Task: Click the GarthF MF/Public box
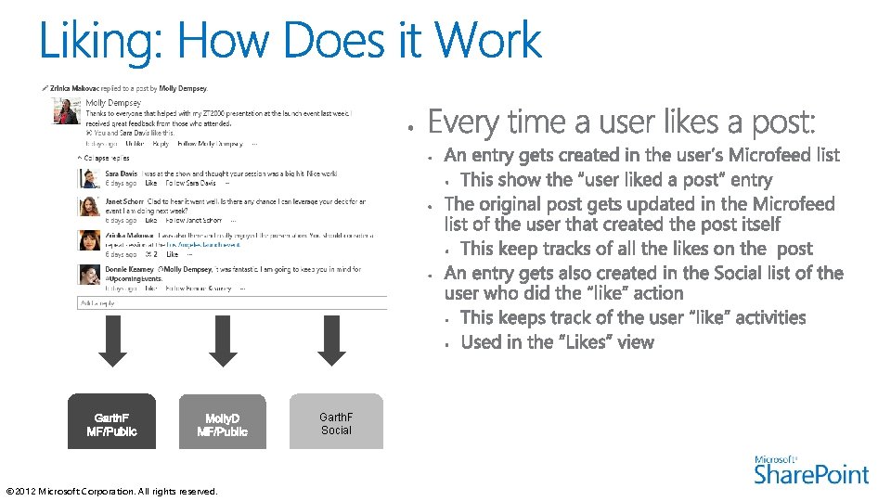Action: (111, 422)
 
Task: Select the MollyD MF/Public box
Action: (222, 422)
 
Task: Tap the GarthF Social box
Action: (336, 422)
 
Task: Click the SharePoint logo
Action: (812, 470)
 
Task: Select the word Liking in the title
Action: (97, 43)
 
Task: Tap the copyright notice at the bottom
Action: (111, 491)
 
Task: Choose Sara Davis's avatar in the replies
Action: (89, 178)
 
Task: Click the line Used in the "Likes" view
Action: (557, 342)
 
